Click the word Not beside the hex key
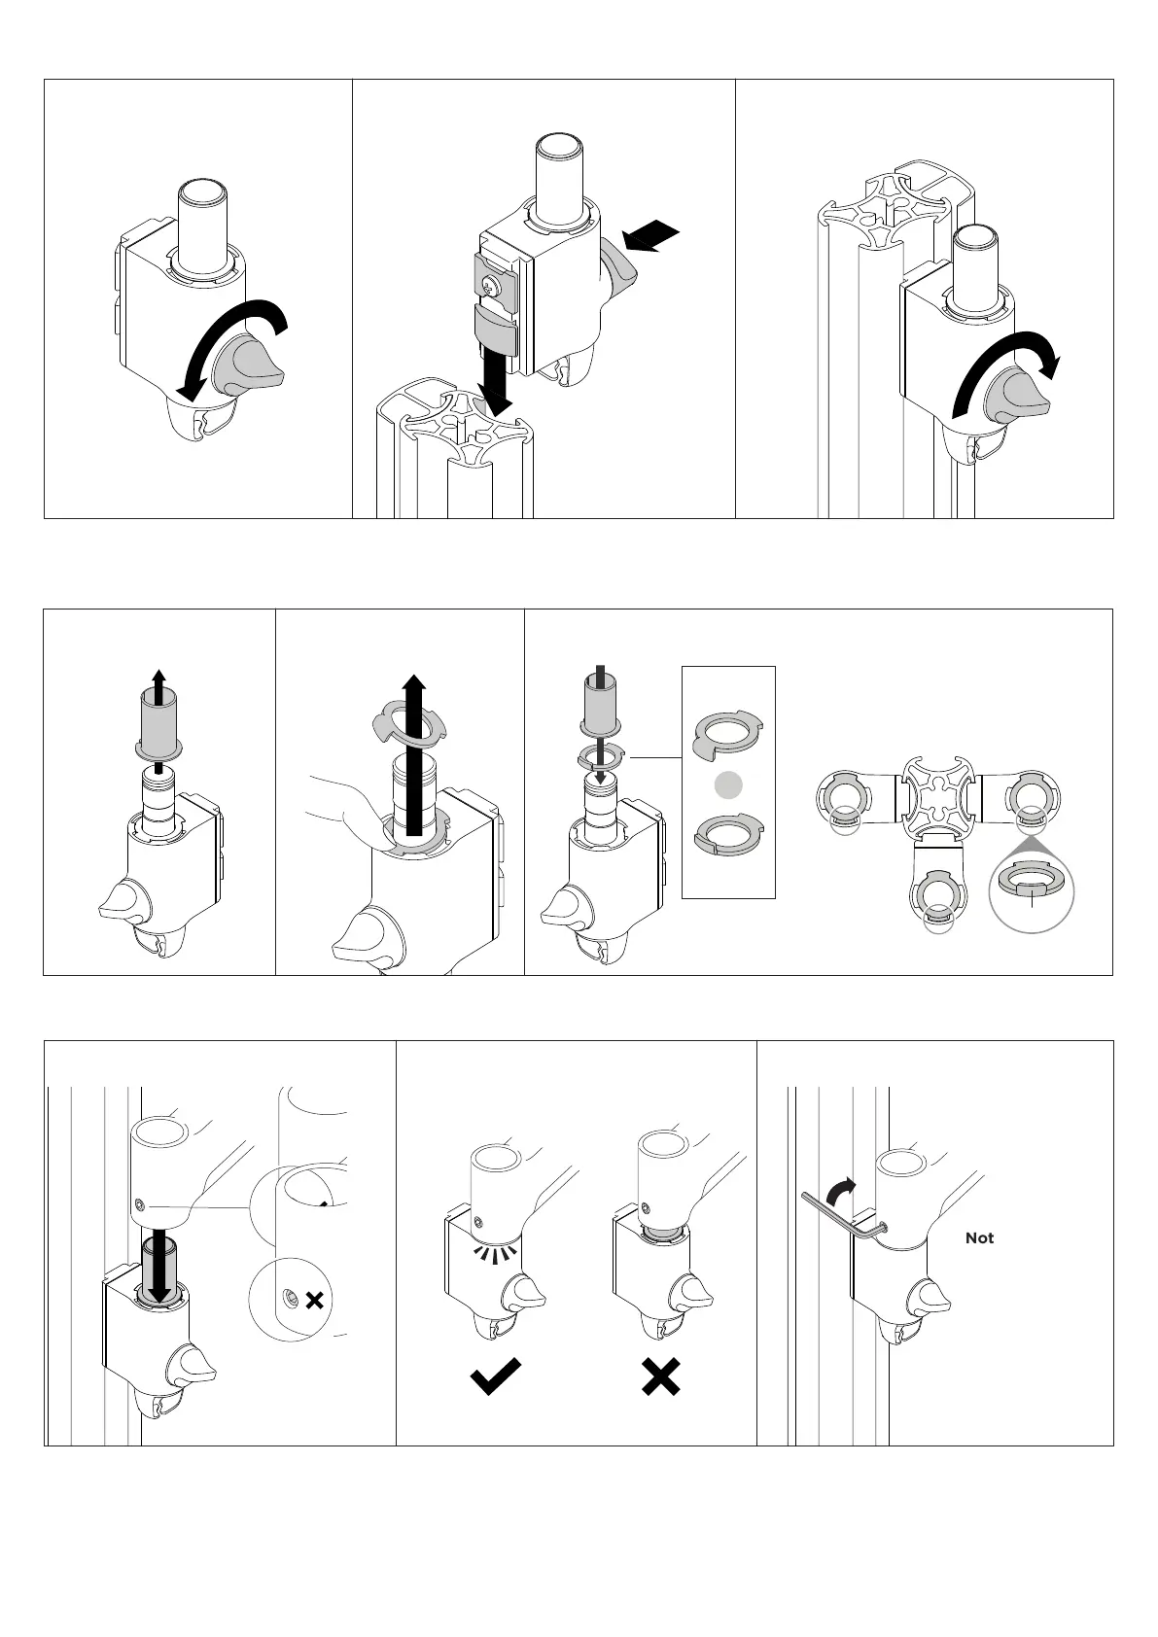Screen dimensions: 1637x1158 (x=979, y=1237)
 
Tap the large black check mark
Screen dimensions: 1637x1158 (x=495, y=1376)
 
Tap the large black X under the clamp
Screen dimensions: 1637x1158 (x=661, y=1376)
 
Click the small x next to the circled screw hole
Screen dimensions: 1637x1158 (x=314, y=1300)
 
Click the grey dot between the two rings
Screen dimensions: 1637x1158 (x=728, y=784)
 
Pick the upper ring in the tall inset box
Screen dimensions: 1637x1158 (x=727, y=736)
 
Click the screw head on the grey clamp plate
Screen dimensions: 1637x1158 (x=491, y=284)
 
